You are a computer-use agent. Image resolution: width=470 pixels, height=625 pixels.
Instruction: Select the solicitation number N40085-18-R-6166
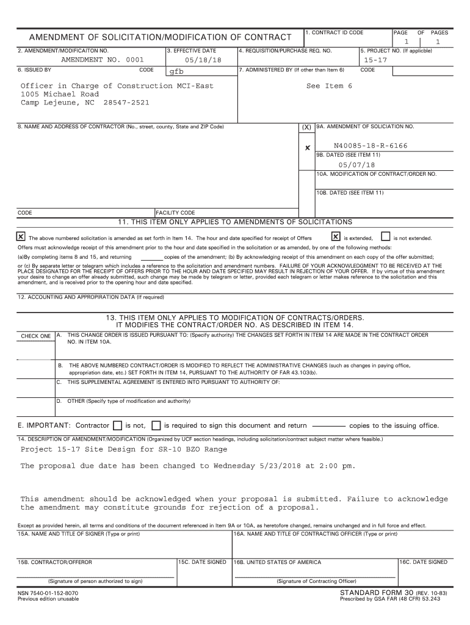pyautogui.click(x=371, y=146)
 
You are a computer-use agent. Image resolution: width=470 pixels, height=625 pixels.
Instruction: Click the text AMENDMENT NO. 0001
pyautogui.click(x=103, y=60)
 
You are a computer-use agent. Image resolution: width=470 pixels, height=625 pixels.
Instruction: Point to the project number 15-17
pyautogui.click(x=375, y=60)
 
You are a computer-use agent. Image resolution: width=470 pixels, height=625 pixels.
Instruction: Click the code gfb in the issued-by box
pyautogui.click(x=176, y=71)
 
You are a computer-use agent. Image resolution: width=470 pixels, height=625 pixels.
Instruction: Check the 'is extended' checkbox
pyautogui.click(x=335, y=237)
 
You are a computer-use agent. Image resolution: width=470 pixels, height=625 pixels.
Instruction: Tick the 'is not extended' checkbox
pyautogui.click(x=385, y=237)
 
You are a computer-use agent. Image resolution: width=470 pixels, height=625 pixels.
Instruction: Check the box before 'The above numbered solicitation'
pyautogui.click(x=21, y=237)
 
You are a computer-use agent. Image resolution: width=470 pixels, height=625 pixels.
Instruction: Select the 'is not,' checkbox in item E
pyautogui.click(x=118, y=425)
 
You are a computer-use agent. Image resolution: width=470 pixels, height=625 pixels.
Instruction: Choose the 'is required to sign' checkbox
pyautogui.click(x=156, y=425)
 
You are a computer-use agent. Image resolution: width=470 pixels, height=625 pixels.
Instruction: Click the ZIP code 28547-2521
pyautogui.click(x=126, y=103)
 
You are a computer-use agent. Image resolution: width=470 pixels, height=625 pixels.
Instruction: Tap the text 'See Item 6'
pyautogui.click(x=329, y=86)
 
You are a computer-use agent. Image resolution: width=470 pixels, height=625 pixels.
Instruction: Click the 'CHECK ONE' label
pyautogui.click(x=36, y=336)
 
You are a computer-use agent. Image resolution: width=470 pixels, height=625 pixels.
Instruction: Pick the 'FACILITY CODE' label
pyautogui.click(x=176, y=213)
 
